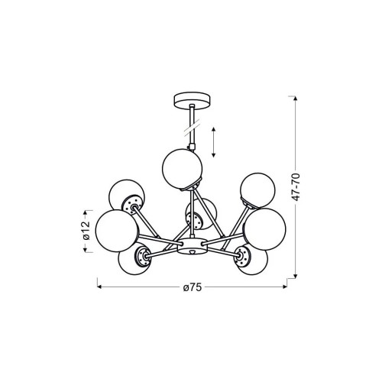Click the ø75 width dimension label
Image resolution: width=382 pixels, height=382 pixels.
click(x=193, y=287)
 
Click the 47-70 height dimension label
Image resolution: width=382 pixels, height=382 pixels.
click(x=296, y=187)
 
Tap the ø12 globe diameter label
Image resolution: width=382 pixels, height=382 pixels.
click(x=86, y=231)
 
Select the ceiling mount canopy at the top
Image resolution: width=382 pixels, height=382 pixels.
click(x=193, y=101)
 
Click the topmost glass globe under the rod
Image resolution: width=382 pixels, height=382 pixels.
click(x=182, y=169)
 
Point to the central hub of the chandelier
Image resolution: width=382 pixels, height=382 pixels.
click(x=193, y=246)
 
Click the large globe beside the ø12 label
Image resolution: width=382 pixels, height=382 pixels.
click(x=117, y=231)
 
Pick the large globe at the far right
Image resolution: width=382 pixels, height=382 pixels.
click(x=264, y=229)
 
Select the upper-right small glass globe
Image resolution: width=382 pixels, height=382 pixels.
click(x=257, y=190)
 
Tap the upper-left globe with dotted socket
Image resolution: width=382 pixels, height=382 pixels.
click(x=127, y=195)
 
